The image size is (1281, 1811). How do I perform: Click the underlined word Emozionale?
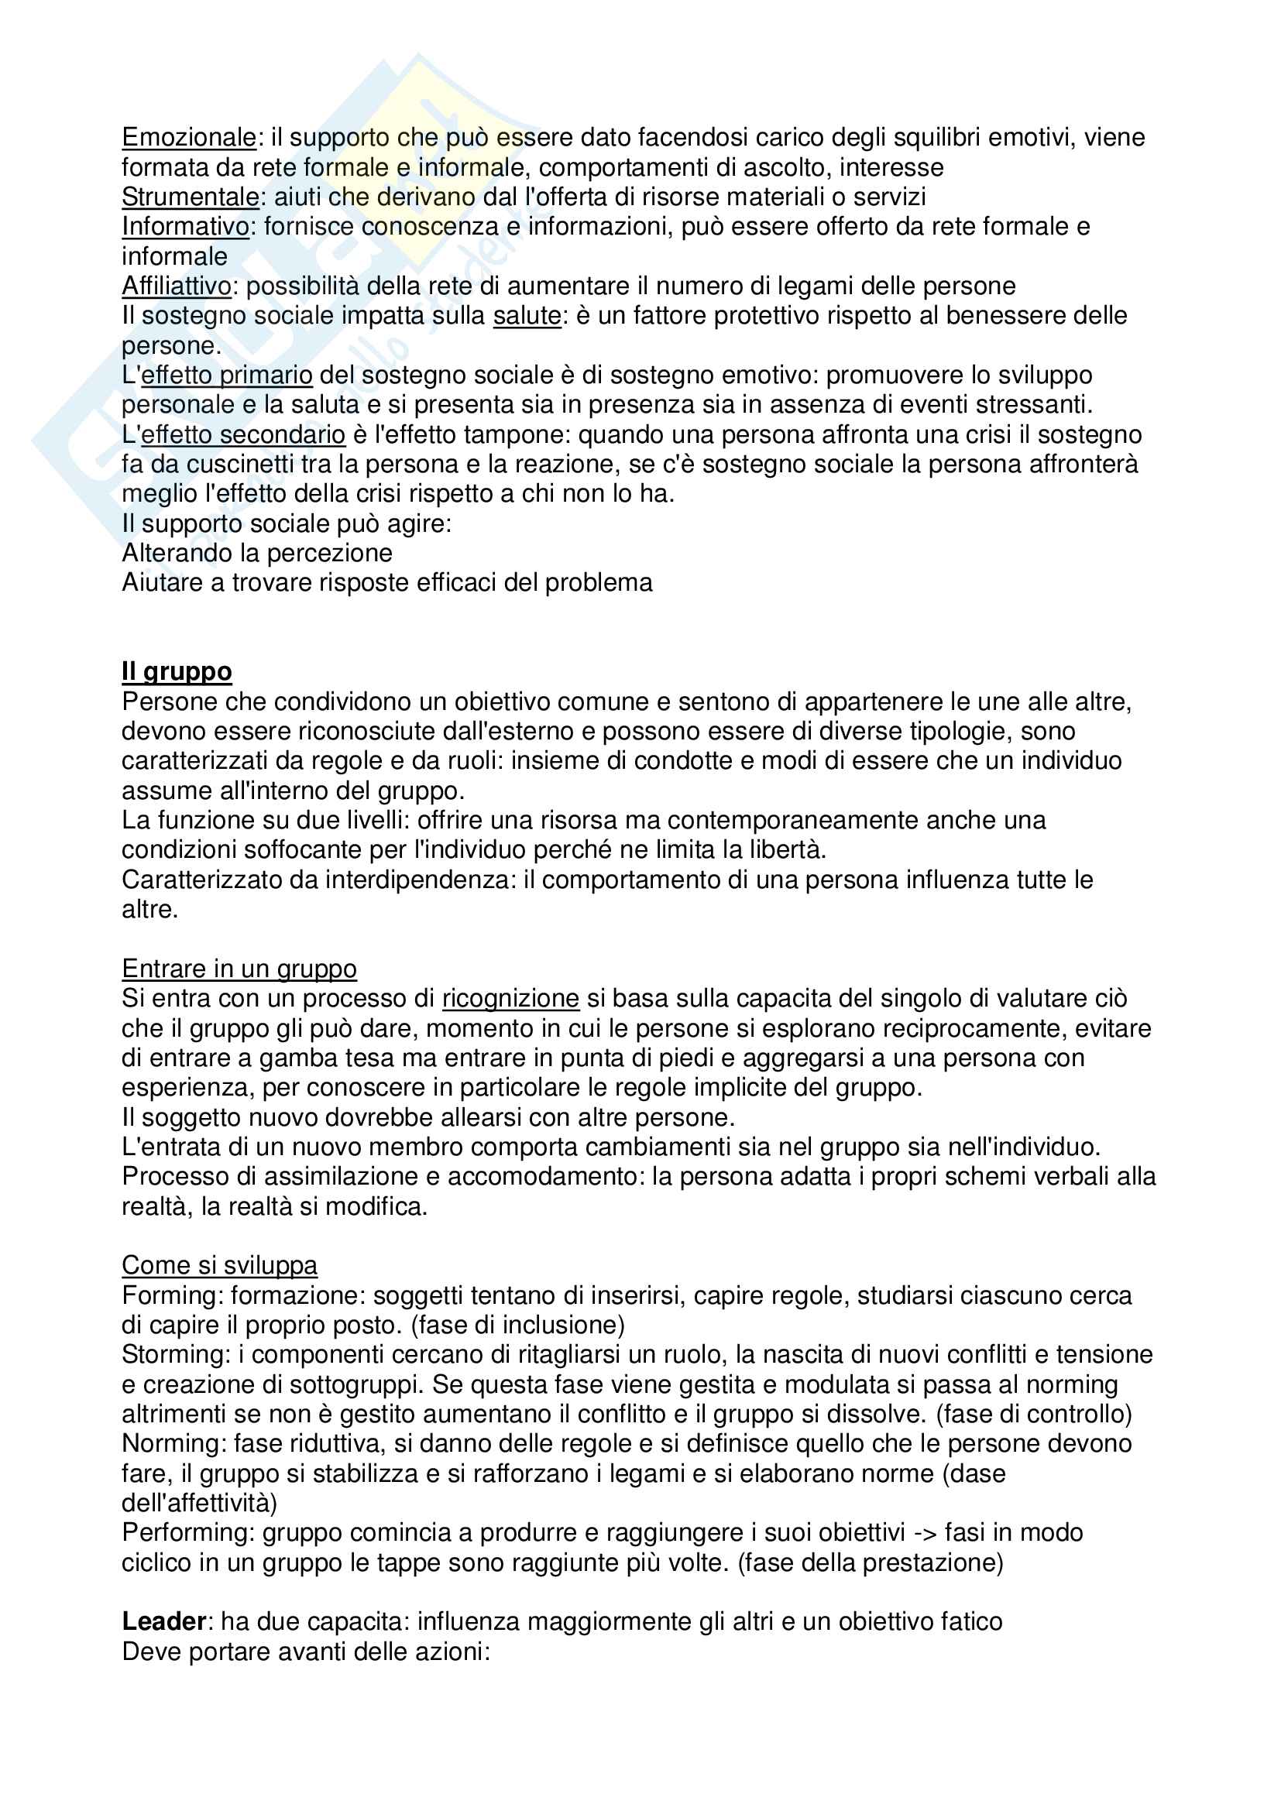[188, 137]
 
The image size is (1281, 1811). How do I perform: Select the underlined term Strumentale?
[190, 197]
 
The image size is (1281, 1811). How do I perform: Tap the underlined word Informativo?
[185, 226]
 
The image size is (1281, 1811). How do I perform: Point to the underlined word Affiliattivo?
[177, 286]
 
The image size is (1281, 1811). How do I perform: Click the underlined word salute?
[526, 315]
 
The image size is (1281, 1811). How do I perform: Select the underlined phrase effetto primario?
[226, 375]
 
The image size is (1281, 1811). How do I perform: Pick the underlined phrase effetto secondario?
[243, 434]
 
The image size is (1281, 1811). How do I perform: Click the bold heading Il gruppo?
[177, 671]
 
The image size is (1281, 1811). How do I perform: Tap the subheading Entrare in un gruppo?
[239, 968]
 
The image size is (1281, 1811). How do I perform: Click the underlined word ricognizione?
[510, 998]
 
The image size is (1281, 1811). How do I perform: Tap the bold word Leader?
[164, 1622]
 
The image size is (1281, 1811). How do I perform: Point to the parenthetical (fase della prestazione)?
[870, 1562]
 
